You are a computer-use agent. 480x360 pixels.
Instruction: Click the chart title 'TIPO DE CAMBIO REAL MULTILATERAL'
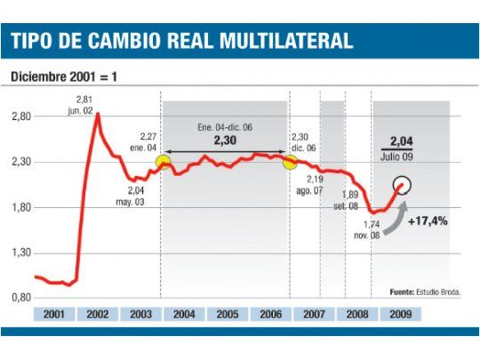(182, 40)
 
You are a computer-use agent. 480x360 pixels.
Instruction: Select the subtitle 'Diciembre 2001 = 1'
(62, 76)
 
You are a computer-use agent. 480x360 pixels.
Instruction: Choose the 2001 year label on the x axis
(54, 314)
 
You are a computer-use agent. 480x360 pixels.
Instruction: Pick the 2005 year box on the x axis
(227, 314)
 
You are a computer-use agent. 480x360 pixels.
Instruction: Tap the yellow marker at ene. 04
(163, 162)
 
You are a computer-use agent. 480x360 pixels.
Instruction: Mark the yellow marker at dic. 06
(290, 163)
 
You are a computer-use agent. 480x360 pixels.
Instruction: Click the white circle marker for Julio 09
(404, 186)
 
